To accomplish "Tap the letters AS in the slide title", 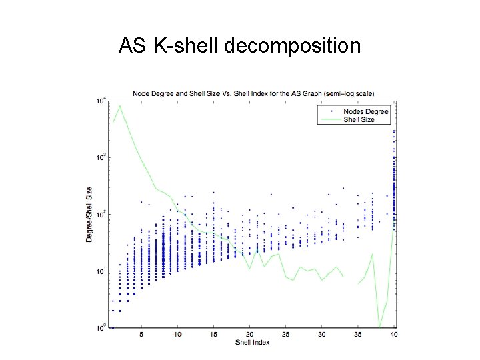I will click(x=133, y=46).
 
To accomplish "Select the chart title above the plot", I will click(x=253, y=93).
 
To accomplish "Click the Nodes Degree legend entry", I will click(x=365, y=111).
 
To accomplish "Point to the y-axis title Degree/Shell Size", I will click(x=89, y=213).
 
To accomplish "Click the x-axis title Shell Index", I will click(x=252, y=342).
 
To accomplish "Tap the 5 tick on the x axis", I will click(x=141, y=335).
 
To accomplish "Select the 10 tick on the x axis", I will click(x=177, y=335).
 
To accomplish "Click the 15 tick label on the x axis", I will click(x=213, y=335).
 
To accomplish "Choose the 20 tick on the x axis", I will click(x=249, y=335).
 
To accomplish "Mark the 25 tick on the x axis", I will click(x=285, y=335).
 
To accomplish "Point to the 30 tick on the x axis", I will click(x=321, y=335).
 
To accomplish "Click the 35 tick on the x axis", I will click(x=357, y=335).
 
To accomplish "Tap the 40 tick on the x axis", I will click(x=393, y=335).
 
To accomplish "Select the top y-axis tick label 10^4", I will click(x=100, y=101).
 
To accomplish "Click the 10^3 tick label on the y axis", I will click(x=100, y=158).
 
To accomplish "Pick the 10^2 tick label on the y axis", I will click(x=100, y=215).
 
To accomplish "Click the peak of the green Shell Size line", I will click(x=120, y=106).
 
